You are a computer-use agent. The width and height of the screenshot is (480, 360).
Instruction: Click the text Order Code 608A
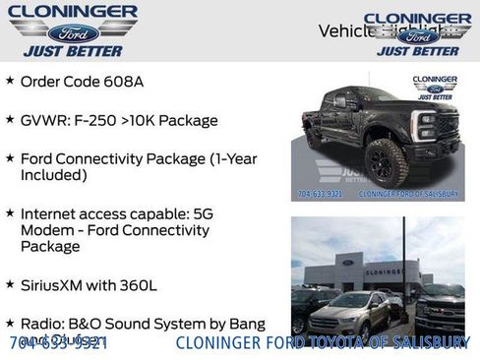pos(82,81)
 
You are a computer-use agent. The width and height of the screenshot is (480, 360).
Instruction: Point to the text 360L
pos(138,286)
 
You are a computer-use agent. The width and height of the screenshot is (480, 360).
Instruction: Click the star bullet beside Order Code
pos(10,80)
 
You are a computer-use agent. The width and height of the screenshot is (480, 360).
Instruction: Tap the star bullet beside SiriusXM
pos(10,285)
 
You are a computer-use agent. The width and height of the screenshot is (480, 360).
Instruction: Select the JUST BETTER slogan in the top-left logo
pos(74,50)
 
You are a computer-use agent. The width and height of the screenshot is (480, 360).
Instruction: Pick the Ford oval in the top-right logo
pos(419,35)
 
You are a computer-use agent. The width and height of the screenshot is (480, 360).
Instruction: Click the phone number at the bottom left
pos(58,343)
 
